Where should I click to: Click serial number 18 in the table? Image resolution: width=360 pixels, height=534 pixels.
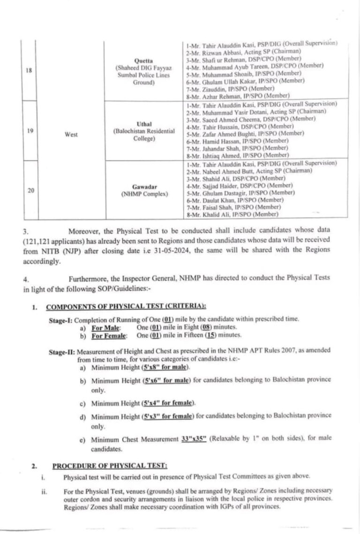[29, 71]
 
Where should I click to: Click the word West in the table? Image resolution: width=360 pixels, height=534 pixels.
[71, 134]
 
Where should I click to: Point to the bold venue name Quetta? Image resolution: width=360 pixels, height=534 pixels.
[143, 61]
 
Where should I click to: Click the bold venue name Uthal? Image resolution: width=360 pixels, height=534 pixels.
[143, 124]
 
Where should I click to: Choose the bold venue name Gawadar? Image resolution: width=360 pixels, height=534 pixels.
[143, 185]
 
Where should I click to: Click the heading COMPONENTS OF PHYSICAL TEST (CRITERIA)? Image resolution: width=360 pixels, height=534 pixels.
[126, 307]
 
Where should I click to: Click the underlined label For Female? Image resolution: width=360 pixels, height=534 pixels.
[109, 335]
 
